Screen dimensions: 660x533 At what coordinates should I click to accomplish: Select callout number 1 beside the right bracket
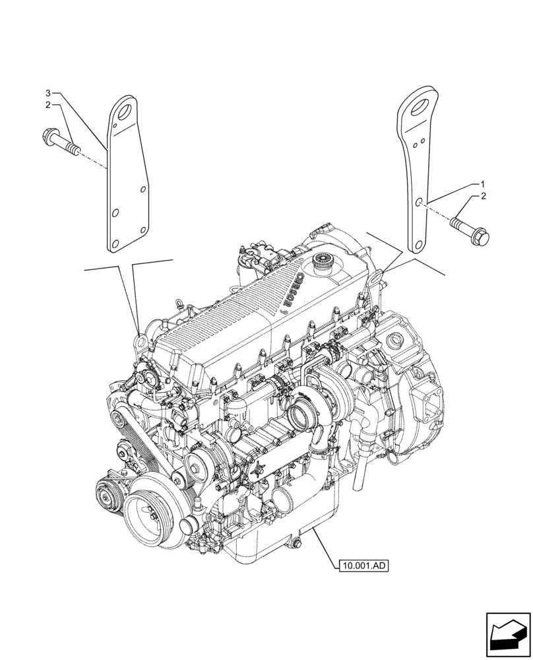click(483, 183)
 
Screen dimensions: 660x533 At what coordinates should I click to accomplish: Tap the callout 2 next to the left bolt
click(48, 104)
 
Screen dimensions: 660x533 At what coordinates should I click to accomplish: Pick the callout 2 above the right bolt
click(483, 197)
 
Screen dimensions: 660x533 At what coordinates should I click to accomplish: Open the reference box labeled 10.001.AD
click(363, 565)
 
